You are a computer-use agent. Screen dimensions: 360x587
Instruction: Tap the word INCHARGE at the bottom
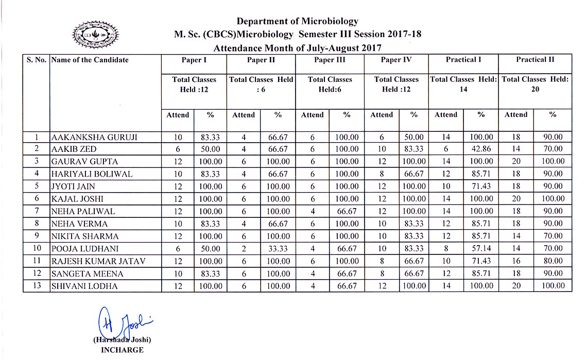pyautogui.click(x=122, y=350)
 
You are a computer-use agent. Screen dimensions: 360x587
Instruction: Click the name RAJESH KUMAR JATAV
pyautogui.click(x=98, y=261)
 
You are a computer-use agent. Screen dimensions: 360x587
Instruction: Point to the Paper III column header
pyautogui.click(x=330, y=60)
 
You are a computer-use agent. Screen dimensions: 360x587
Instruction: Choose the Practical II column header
pyautogui.click(x=535, y=60)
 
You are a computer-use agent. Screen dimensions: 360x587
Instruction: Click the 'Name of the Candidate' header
pyautogui.click(x=90, y=60)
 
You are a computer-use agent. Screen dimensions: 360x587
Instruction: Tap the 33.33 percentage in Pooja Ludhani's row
pyautogui.click(x=278, y=249)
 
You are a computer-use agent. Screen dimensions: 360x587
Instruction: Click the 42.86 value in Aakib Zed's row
pyautogui.click(x=481, y=149)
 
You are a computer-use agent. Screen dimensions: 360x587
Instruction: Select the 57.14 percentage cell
pyautogui.click(x=481, y=249)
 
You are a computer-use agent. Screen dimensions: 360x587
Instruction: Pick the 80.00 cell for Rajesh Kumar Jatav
pyautogui.click(x=553, y=261)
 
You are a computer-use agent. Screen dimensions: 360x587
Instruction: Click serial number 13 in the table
pyautogui.click(x=37, y=286)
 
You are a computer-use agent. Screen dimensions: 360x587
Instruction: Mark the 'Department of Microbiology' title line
pyautogui.click(x=297, y=21)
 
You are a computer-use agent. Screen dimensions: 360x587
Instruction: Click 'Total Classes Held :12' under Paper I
pyautogui.click(x=194, y=84)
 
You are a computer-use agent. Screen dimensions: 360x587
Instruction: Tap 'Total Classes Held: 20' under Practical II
pyautogui.click(x=535, y=84)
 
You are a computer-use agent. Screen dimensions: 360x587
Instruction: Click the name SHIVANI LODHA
pyautogui.click(x=84, y=286)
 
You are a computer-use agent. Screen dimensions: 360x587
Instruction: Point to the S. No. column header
pyautogui.click(x=37, y=60)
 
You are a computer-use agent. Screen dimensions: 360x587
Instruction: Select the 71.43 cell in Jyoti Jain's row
pyautogui.click(x=481, y=186)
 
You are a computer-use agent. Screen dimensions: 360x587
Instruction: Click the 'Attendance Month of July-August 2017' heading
pyautogui.click(x=297, y=48)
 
